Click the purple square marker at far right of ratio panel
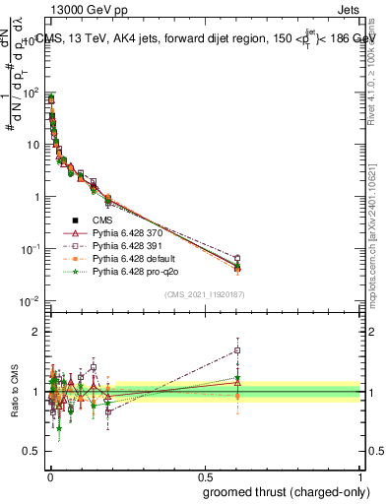pyautogui.click(x=237, y=349)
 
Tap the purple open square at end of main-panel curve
pyautogui.click(x=237, y=259)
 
